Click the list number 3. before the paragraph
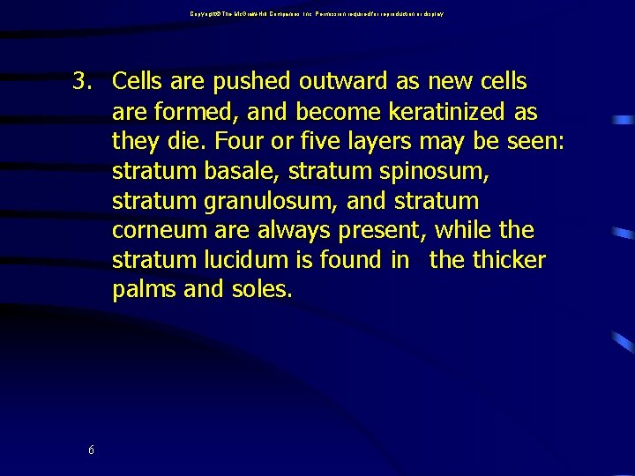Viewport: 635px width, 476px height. pyautogui.click(x=83, y=82)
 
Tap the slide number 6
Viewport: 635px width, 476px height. pyautogui.click(x=92, y=450)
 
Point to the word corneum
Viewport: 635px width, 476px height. pyautogui.click(x=153, y=231)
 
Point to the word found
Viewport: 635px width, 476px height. pyautogui.click(x=350, y=261)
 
